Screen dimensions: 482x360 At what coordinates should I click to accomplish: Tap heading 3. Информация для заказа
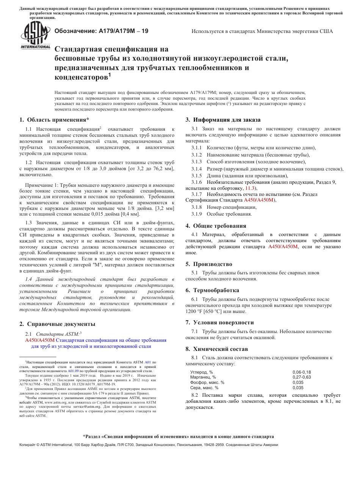(x=223, y=120)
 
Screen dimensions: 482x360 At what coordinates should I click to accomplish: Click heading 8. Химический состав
(x=216, y=349)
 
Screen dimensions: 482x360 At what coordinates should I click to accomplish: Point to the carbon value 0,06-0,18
(x=302, y=372)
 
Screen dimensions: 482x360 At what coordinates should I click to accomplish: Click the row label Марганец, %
(x=203, y=377)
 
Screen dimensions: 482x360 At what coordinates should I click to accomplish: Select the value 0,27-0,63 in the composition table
(x=302, y=377)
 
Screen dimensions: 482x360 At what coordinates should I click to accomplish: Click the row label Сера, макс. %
(x=204, y=388)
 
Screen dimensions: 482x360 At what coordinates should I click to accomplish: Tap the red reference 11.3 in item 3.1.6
(x=250, y=188)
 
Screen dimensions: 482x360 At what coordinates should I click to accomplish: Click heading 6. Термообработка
(x=212, y=290)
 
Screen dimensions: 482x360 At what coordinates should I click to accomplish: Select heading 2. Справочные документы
(x=57, y=324)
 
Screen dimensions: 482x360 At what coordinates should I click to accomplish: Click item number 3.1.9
(x=196, y=214)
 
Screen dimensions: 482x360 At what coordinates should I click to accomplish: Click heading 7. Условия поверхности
(x=219, y=322)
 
